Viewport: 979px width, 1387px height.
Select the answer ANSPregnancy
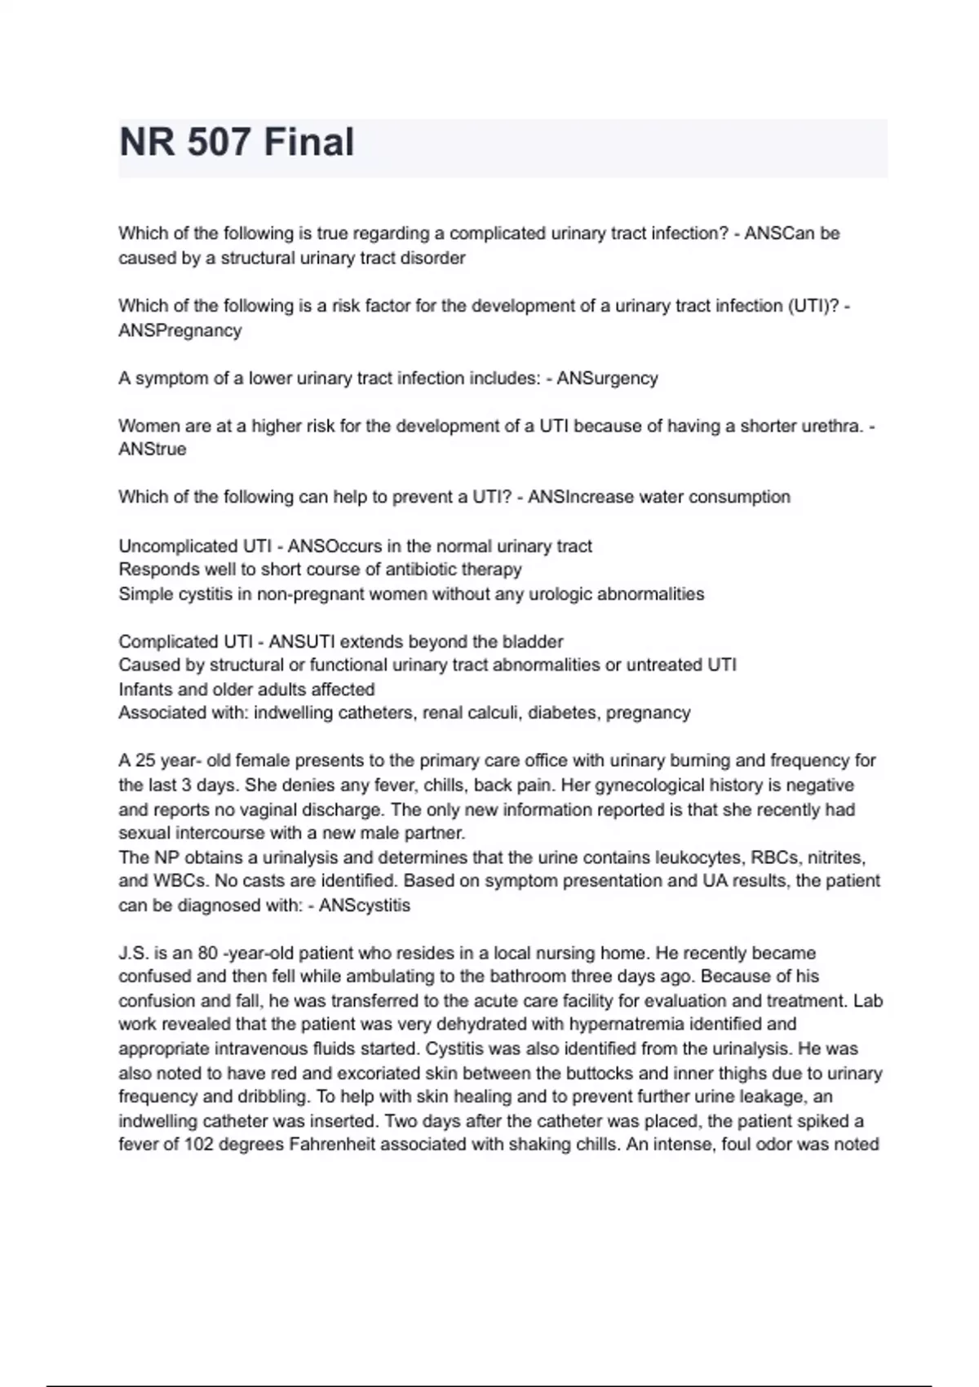coord(180,330)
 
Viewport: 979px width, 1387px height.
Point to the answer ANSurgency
coord(607,379)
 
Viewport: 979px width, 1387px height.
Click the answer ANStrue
coord(153,450)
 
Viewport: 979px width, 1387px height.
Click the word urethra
coord(833,426)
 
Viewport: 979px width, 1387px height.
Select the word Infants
coord(147,689)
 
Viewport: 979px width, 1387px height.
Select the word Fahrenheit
coord(332,1145)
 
